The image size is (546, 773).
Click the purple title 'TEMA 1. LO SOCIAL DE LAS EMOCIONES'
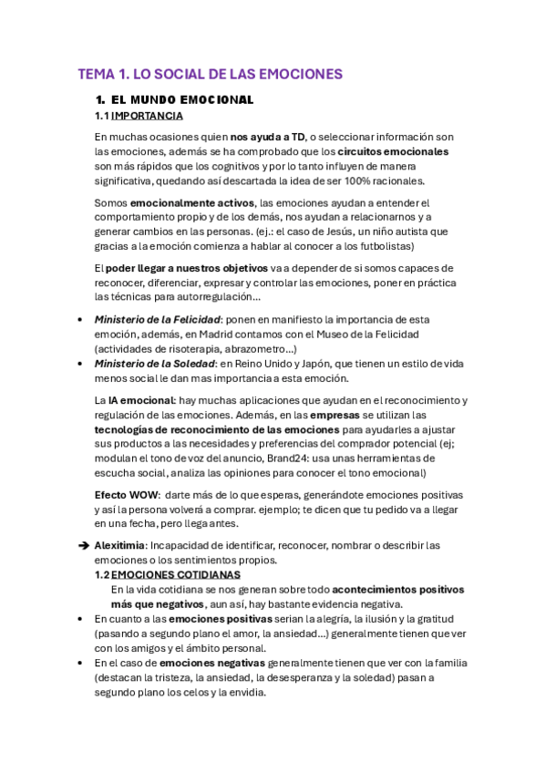click(210, 74)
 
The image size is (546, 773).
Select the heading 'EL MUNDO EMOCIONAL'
click(180, 98)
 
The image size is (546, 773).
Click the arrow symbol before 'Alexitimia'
click(82, 546)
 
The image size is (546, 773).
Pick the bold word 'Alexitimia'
click(119, 546)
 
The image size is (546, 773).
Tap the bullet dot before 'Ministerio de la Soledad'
click(82, 364)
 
